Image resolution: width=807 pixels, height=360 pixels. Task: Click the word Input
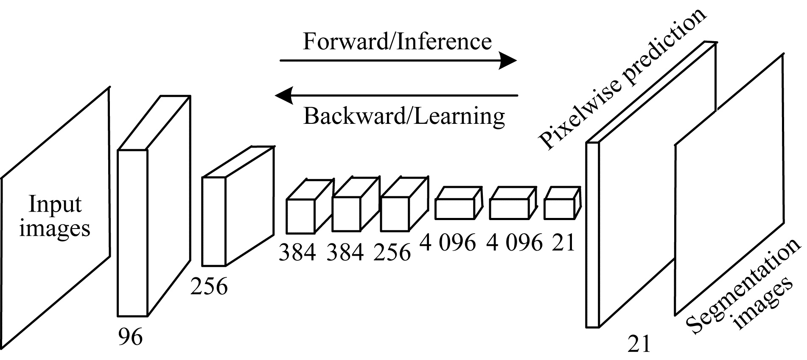[x=55, y=205]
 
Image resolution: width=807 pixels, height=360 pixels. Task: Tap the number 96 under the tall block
[x=130, y=337]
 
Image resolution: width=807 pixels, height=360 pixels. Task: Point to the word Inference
[x=446, y=42]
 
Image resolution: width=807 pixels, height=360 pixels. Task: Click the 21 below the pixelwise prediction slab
[x=639, y=344]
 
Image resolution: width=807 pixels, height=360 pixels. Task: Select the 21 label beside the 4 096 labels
[x=563, y=243]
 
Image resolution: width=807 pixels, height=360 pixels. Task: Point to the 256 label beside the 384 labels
[x=392, y=252]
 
